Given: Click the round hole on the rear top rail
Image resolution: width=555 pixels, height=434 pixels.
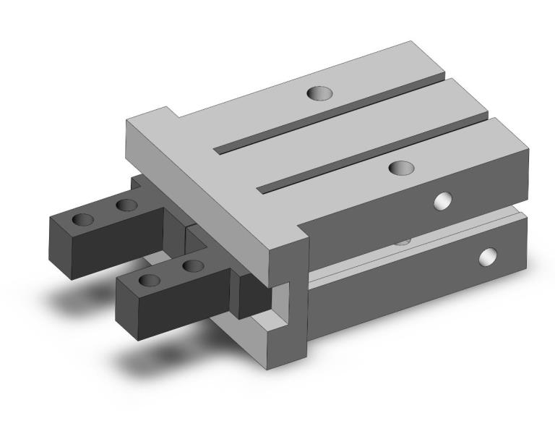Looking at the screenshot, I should pos(317,93).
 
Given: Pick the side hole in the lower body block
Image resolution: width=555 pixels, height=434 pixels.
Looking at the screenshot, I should pos(489,256).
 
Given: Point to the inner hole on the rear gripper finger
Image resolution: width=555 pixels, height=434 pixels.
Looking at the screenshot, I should pos(127,205).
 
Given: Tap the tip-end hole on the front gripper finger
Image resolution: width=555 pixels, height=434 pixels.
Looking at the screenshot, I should pos(150,280).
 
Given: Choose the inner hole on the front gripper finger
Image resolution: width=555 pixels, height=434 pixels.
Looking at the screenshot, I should pos(192,266).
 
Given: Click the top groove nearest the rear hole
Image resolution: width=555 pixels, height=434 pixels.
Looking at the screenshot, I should pos(329,116).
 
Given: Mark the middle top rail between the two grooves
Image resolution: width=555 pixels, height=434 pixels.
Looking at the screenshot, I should pos(361,130).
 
